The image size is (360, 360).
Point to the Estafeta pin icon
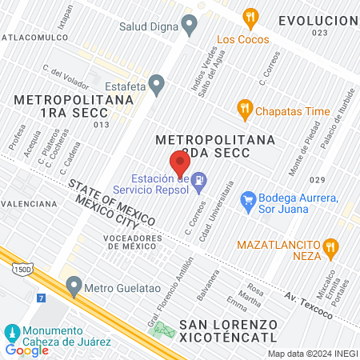157,82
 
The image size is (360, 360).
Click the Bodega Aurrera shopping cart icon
247,198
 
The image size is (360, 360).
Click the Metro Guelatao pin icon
74,285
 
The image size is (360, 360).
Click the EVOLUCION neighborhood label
318,20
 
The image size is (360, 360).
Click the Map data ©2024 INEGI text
312,354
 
